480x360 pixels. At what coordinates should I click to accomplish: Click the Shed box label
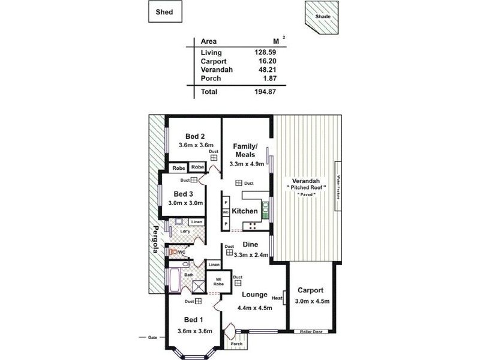pyautogui.click(x=166, y=12)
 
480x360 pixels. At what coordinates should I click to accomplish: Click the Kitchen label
pyautogui.click(x=245, y=211)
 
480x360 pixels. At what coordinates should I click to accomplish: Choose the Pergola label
pyautogui.click(x=154, y=239)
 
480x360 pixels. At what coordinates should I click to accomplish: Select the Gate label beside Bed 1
pyautogui.click(x=152, y=338)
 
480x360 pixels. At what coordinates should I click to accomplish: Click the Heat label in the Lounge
pyautogui.click(x=277, y=298)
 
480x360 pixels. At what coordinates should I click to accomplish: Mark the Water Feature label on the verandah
pyautogui.click(x=338, y=186)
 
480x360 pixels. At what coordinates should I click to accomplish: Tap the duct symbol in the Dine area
pyautogui.click(x=229, y=253)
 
